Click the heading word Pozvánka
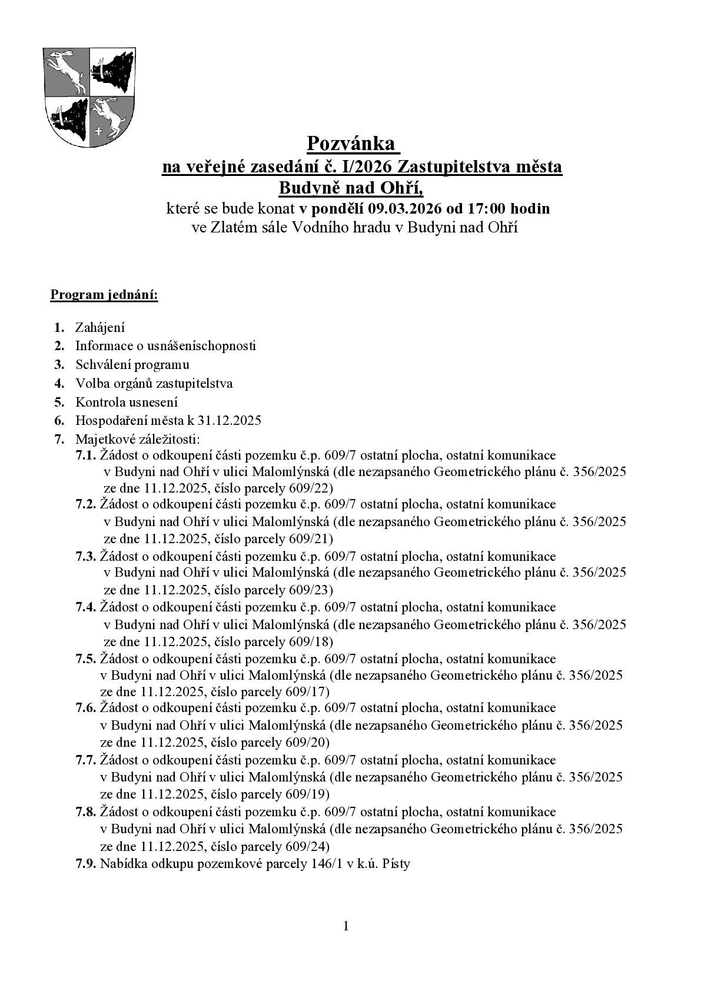click(x=353, y=144)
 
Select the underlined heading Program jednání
click(x=104, y=294)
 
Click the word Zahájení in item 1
click(x=99, y=328)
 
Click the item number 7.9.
click(x=86, y=864)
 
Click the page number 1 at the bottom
click(x=346, y=926)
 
